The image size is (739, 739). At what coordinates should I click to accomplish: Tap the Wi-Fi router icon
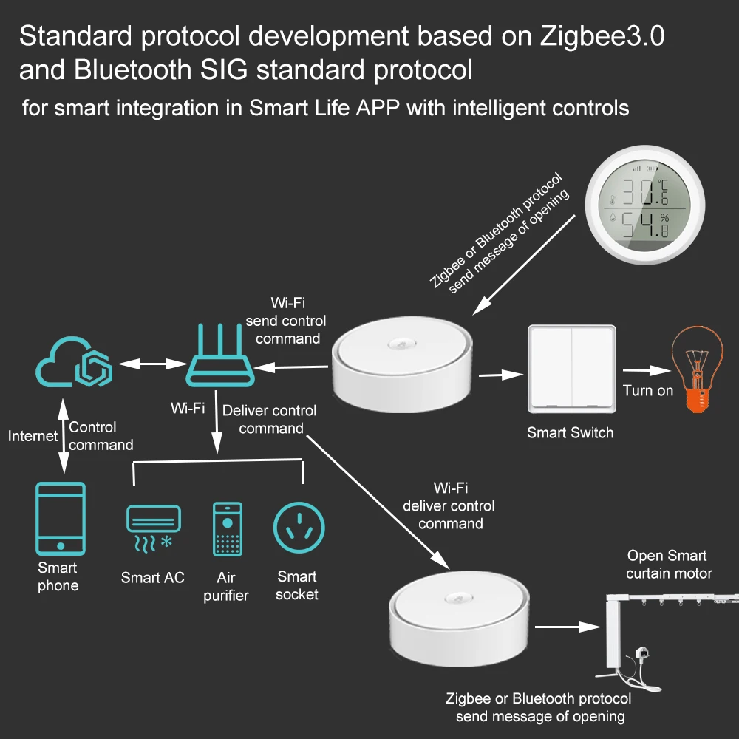point(219,358)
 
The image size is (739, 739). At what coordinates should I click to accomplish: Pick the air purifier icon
point(227,528)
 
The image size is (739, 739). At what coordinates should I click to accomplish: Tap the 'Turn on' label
point(648,390)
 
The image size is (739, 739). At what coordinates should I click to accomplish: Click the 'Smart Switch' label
point(570,433)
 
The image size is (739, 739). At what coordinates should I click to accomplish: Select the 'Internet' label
point(33,436)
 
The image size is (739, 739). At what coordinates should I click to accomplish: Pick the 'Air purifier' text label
point(226,586)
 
